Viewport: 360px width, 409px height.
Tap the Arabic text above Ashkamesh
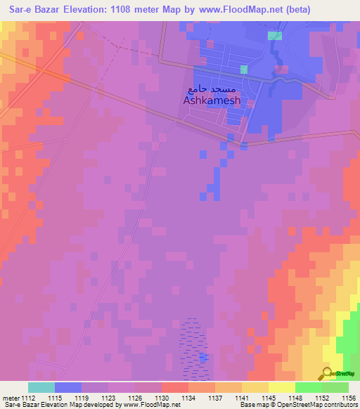click(214, 89)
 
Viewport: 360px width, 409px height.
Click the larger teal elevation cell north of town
click(275, 35)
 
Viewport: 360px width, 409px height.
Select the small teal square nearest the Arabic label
click(244, 69)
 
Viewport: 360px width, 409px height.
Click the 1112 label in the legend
click(28, 398)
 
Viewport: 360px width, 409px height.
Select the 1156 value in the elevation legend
click(349, 398)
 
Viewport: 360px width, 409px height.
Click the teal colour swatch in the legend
click(41, 387)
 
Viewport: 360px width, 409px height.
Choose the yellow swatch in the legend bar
click(281, 387)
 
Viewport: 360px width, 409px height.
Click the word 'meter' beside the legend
click(10, 398)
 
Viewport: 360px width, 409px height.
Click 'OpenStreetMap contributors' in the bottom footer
click(321, 405)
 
